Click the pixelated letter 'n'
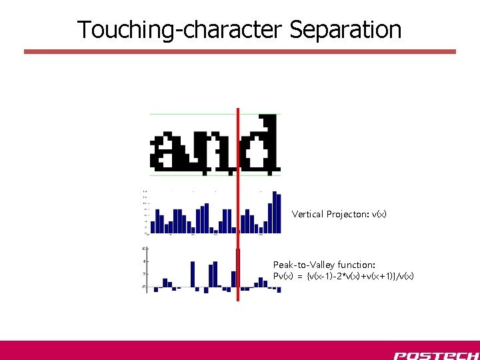pyautogui.click(x=217, y=151)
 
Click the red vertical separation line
pyautogui.click(x=237, y=200)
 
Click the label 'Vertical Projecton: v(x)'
pyautogui.click(x=339, y=214)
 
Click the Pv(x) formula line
pyautogui.click(x=343, y=276)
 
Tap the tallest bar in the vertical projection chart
pyautogui.click(x=277, y=212)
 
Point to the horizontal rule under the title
pyautogui.click(x=240, y=51)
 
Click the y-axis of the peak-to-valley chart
pyautogui.click(x=147, y=270)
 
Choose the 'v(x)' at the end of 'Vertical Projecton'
pyautogui.click(x=379, y=214)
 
